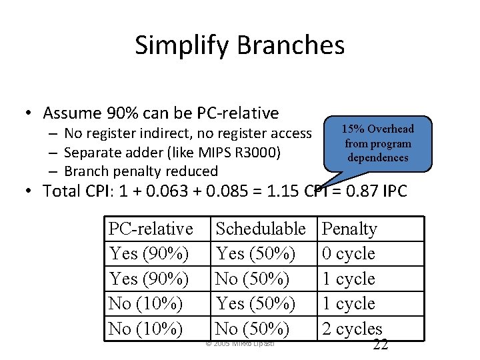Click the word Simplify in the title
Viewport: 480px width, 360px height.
click(182, 45)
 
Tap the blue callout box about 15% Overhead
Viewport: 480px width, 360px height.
click(377, 143)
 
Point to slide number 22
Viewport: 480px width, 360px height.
click(380, 344)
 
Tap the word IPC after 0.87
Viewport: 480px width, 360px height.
click(395, 191)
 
